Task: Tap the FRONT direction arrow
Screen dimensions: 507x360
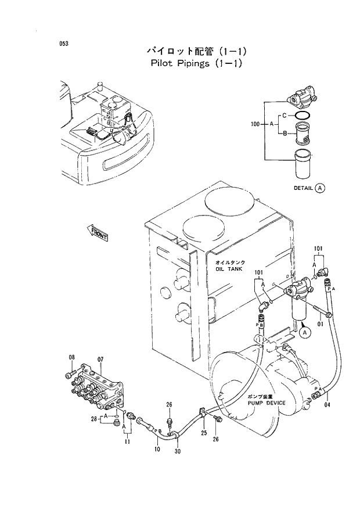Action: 98,233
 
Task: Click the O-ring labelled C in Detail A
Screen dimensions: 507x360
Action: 303,118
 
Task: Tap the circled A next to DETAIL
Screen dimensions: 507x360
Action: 321,188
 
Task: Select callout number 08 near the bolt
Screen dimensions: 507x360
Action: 73,357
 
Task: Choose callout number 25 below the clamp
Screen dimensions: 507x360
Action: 204,433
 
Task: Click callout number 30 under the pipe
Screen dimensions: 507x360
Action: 177,451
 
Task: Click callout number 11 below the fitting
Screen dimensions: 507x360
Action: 127,442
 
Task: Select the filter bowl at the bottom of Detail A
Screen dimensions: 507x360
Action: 303,164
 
